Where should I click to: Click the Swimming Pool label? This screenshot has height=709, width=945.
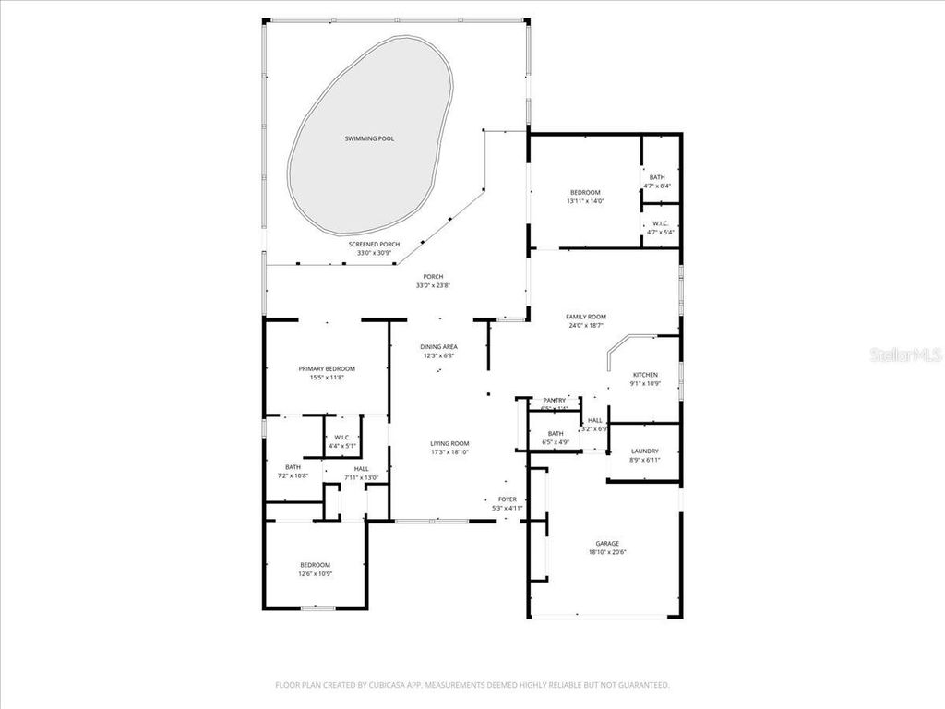pos(369,138)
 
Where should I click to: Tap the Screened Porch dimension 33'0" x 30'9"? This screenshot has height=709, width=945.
pos(374,253)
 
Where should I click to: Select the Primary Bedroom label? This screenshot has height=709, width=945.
pos(326,368)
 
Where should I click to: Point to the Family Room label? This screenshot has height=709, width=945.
pos(585,317)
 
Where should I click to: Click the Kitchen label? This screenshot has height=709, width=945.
pos(644,375)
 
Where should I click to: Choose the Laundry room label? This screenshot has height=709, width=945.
pos(644,451)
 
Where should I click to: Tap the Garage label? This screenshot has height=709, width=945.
pos(606,543)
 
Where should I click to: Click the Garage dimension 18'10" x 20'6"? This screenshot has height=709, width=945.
pos(606,552)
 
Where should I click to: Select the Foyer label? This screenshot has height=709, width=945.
pos(507,499)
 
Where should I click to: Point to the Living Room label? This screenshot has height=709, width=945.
pos(449,443)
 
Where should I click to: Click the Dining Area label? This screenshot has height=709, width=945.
pos(440,346)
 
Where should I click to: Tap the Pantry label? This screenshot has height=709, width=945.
pos(554,400)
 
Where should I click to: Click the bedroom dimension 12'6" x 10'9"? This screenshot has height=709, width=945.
pos(314,573)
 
